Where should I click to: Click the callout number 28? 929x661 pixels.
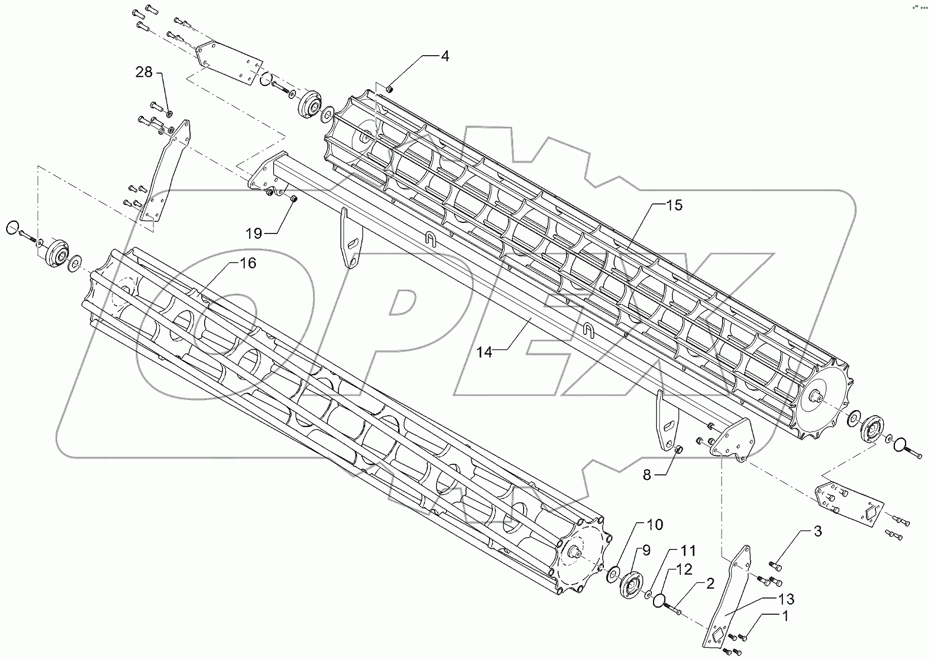click(x=144, y=72)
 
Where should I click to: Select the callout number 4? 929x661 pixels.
click(x=444, y=56)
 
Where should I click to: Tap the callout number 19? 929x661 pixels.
click(x=254, y=234)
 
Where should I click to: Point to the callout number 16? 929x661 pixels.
click(x=248, y=263)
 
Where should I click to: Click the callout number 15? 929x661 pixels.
click(x=674, y=205)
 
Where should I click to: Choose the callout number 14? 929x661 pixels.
click(x=485, y=352)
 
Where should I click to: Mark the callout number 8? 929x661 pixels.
click(x=647, y=475)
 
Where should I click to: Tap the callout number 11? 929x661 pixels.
click(x=688, y=551)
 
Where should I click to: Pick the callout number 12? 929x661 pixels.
click(x=684, y=569)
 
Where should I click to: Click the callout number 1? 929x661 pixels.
click(x=786, y=616)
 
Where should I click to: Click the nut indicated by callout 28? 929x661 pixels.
click(x=170, y=114)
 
